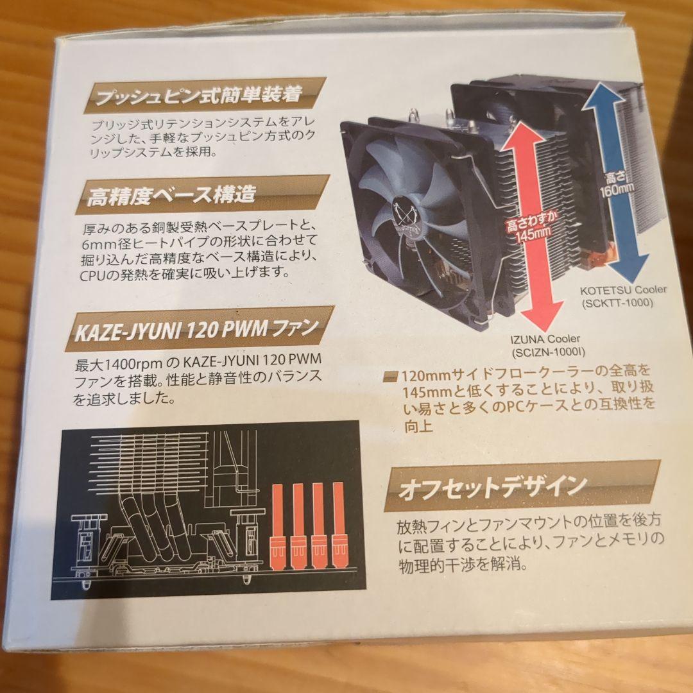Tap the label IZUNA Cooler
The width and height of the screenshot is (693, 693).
pos(545,339)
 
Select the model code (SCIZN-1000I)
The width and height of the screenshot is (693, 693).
pos(548,353)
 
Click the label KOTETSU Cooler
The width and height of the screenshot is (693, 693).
pos(623,291)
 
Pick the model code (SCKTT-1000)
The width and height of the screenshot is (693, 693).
pos(617,303)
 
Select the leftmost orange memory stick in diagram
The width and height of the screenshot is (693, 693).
pos(278,526)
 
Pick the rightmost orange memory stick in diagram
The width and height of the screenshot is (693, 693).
pos(338,525)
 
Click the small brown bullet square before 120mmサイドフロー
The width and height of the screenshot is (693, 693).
pos(390,376)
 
